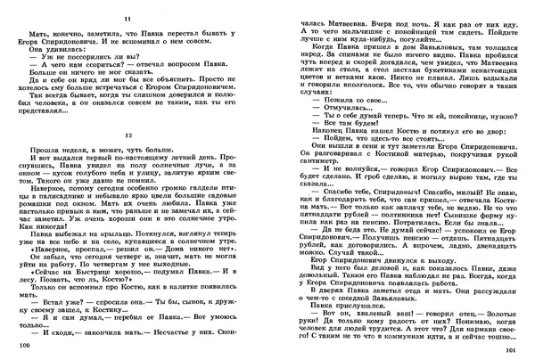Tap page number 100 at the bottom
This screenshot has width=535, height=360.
[x=12, y=343]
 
